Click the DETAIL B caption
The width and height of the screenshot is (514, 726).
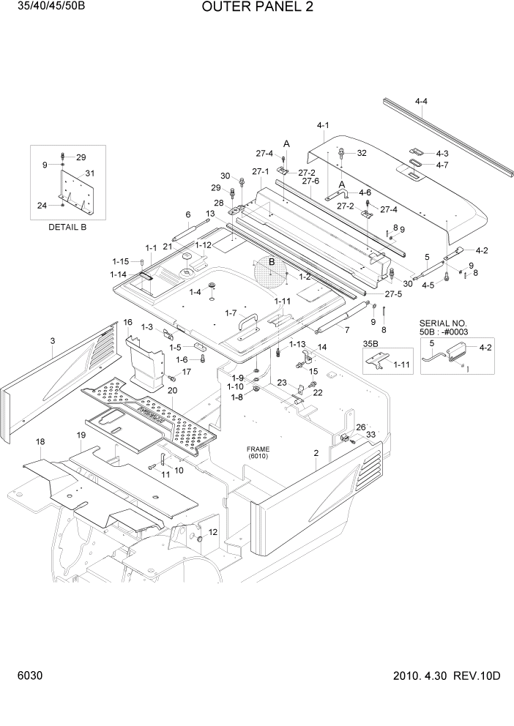click(x=67, y=227)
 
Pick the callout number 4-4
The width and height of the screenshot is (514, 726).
click(x=421, y=102)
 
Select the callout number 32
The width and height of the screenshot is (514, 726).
click(x=361, y=153)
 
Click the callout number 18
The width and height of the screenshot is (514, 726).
click(x=40, y=441)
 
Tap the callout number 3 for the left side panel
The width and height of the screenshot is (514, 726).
click(x=53, y=340)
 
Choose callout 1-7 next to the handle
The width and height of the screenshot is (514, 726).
click(x=231, y=314)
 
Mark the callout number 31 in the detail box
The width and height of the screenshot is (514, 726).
click(x=90, y=173)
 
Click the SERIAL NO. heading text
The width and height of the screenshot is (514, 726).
click(x=443, y=323)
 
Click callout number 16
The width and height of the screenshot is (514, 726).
click(x=127, y=322)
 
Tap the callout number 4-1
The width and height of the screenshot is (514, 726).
click(x=323, y=125)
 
